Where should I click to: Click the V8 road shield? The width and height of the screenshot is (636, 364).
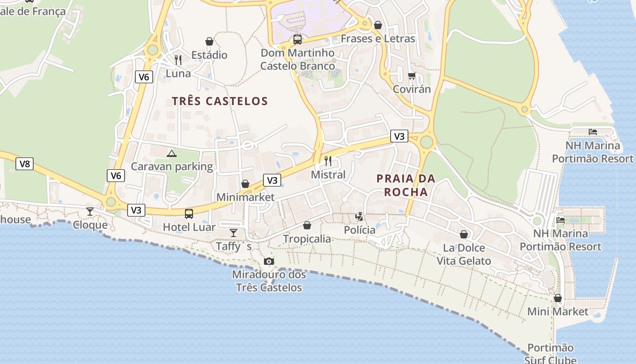pos(25,164)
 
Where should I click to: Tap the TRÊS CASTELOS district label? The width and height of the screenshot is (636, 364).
pos(220,101)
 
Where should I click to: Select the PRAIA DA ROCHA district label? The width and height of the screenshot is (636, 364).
pos(406,185)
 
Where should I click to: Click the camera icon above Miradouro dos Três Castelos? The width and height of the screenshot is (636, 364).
pos(269,261)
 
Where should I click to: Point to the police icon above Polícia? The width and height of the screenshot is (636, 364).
pos(359,217)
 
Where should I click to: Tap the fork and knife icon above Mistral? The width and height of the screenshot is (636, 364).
pos(328,161)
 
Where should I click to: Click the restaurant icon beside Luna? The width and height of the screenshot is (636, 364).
pos(178,60)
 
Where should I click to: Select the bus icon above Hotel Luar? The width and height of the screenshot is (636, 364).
pos(189,213)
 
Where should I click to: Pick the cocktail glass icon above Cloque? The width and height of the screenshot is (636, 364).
pos(90,211)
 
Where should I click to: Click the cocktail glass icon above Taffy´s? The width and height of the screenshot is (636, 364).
pos(234,233)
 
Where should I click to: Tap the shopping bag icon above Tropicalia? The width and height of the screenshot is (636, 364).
pos(307,225)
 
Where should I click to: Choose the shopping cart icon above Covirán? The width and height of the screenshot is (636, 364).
pos(412,76)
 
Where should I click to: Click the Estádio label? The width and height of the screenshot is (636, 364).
pos(209,55)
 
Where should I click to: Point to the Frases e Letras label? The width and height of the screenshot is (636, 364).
pos(378,39)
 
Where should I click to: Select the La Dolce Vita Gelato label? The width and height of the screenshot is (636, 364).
pos(464,254)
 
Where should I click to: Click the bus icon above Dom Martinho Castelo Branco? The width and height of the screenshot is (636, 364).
pos(297,40)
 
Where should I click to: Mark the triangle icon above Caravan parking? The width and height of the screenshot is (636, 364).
pos(171,153)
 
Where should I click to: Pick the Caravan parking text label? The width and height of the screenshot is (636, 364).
pos(172,167)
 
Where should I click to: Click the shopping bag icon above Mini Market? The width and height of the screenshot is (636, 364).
pos(558,298)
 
